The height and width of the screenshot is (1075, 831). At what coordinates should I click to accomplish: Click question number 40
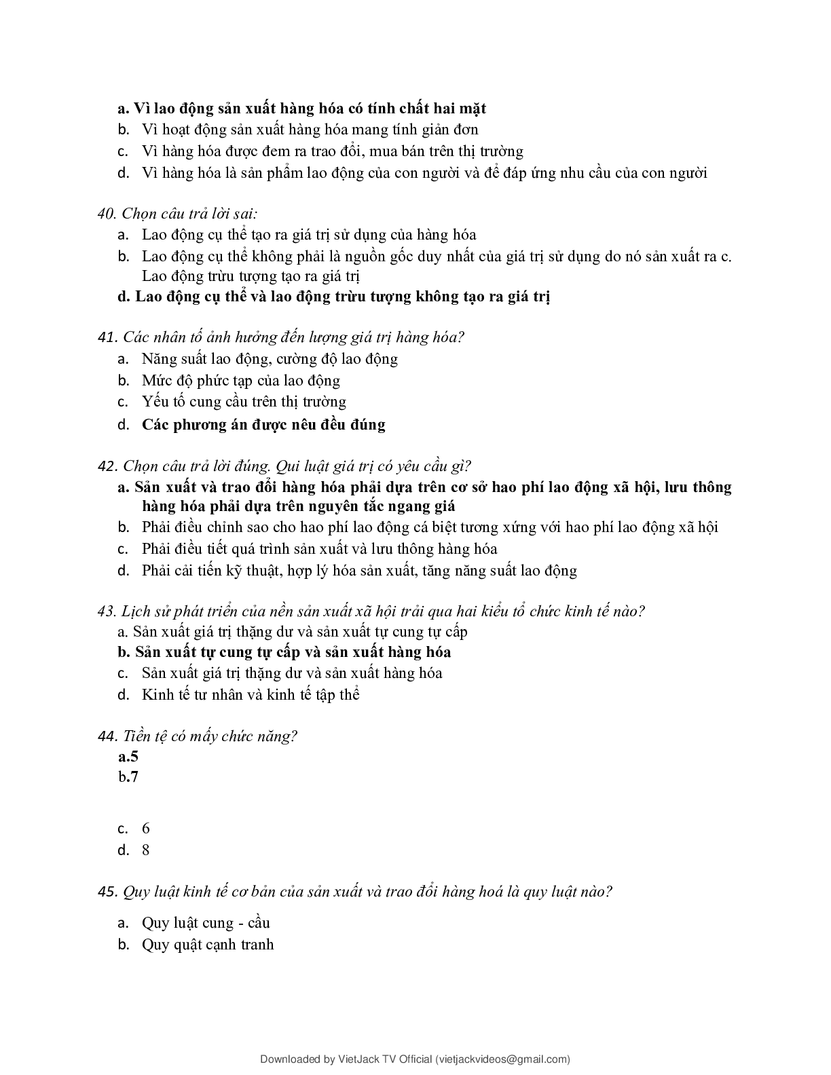point(107,214)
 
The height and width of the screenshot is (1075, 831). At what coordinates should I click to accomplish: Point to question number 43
point(107,611)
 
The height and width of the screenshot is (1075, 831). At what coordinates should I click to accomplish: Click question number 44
point(107,736)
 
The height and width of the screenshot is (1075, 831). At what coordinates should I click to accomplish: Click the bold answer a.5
point(128,757)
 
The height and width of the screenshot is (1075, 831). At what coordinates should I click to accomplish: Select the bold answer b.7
point(128,777)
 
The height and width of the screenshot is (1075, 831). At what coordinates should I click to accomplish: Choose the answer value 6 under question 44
point(146,829)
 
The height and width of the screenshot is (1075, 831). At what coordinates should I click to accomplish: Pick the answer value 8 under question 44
point(146,850)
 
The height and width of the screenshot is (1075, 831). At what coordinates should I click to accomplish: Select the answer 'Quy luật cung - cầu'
point(206,923)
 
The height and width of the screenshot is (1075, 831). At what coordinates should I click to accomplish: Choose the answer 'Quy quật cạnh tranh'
point(208,945)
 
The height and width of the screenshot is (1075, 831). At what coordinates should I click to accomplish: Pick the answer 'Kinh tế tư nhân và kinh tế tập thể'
point(251,695)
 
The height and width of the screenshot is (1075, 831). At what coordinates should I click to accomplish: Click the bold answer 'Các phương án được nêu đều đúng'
point(263,425)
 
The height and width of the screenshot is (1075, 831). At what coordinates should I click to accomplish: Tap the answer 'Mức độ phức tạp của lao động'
point(241,381)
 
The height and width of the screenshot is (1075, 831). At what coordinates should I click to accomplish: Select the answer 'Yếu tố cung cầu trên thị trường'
point(244,402)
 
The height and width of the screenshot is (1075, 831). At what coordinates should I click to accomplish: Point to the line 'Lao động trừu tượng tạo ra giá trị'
point(251,276)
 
